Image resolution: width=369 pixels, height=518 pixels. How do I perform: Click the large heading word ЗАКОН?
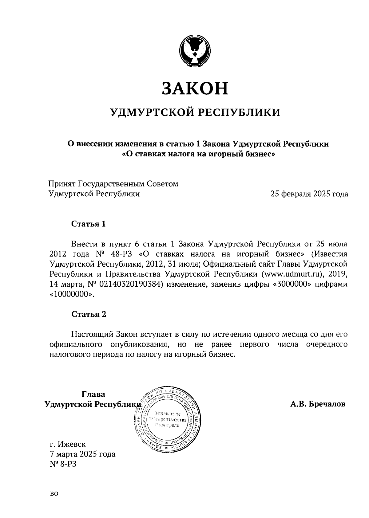(195, 88)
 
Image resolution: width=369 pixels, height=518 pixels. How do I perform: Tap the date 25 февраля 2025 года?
(309, 194)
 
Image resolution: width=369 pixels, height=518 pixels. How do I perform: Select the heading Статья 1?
(89, 224)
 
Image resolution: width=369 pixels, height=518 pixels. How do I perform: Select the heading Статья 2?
(89, 314)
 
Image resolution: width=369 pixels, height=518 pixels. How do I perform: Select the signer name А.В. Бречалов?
(318, 404)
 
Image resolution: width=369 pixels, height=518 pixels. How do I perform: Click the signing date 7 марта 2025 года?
(82, 454)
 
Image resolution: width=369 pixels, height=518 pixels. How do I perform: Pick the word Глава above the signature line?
(93, 394)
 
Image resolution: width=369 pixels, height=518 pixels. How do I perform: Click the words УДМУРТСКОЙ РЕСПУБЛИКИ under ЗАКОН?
(195, 113)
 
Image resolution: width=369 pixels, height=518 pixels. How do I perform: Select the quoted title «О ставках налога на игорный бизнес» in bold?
(198, 154)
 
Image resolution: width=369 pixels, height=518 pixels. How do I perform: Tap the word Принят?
(62, 184)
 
